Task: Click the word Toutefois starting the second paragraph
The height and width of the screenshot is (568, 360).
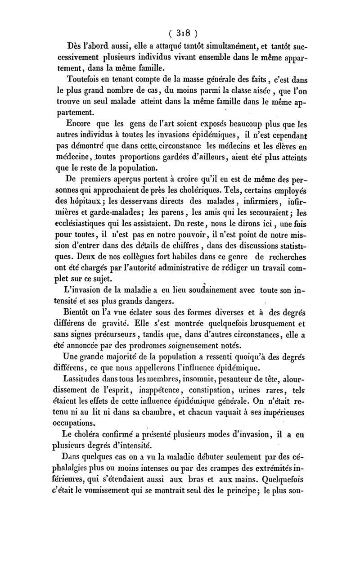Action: [x=84, y=80]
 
